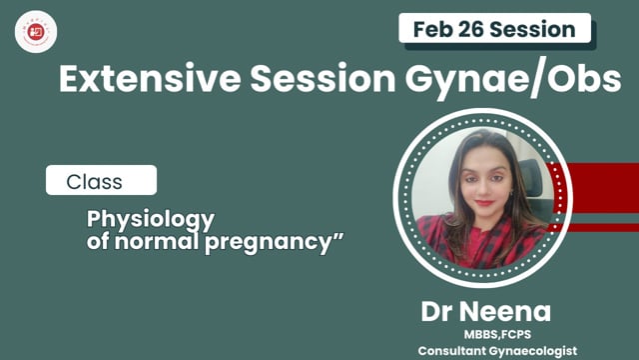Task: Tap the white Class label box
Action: click(101, 182)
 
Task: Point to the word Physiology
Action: click(152, 218)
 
